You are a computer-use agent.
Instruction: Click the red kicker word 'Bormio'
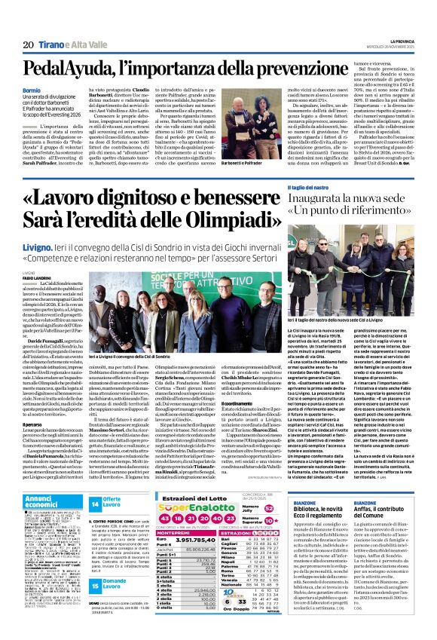[x=33, y=90]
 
